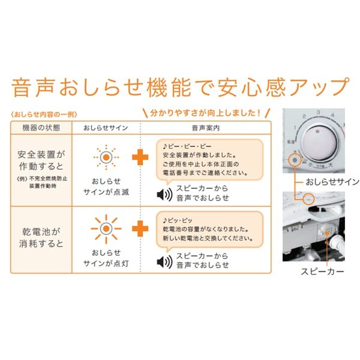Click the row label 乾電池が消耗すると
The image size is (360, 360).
(40, 236)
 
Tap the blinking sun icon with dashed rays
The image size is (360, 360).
(106, 157)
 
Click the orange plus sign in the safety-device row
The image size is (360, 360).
(140, 158)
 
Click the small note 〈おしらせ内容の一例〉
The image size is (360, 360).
(44, 113)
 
